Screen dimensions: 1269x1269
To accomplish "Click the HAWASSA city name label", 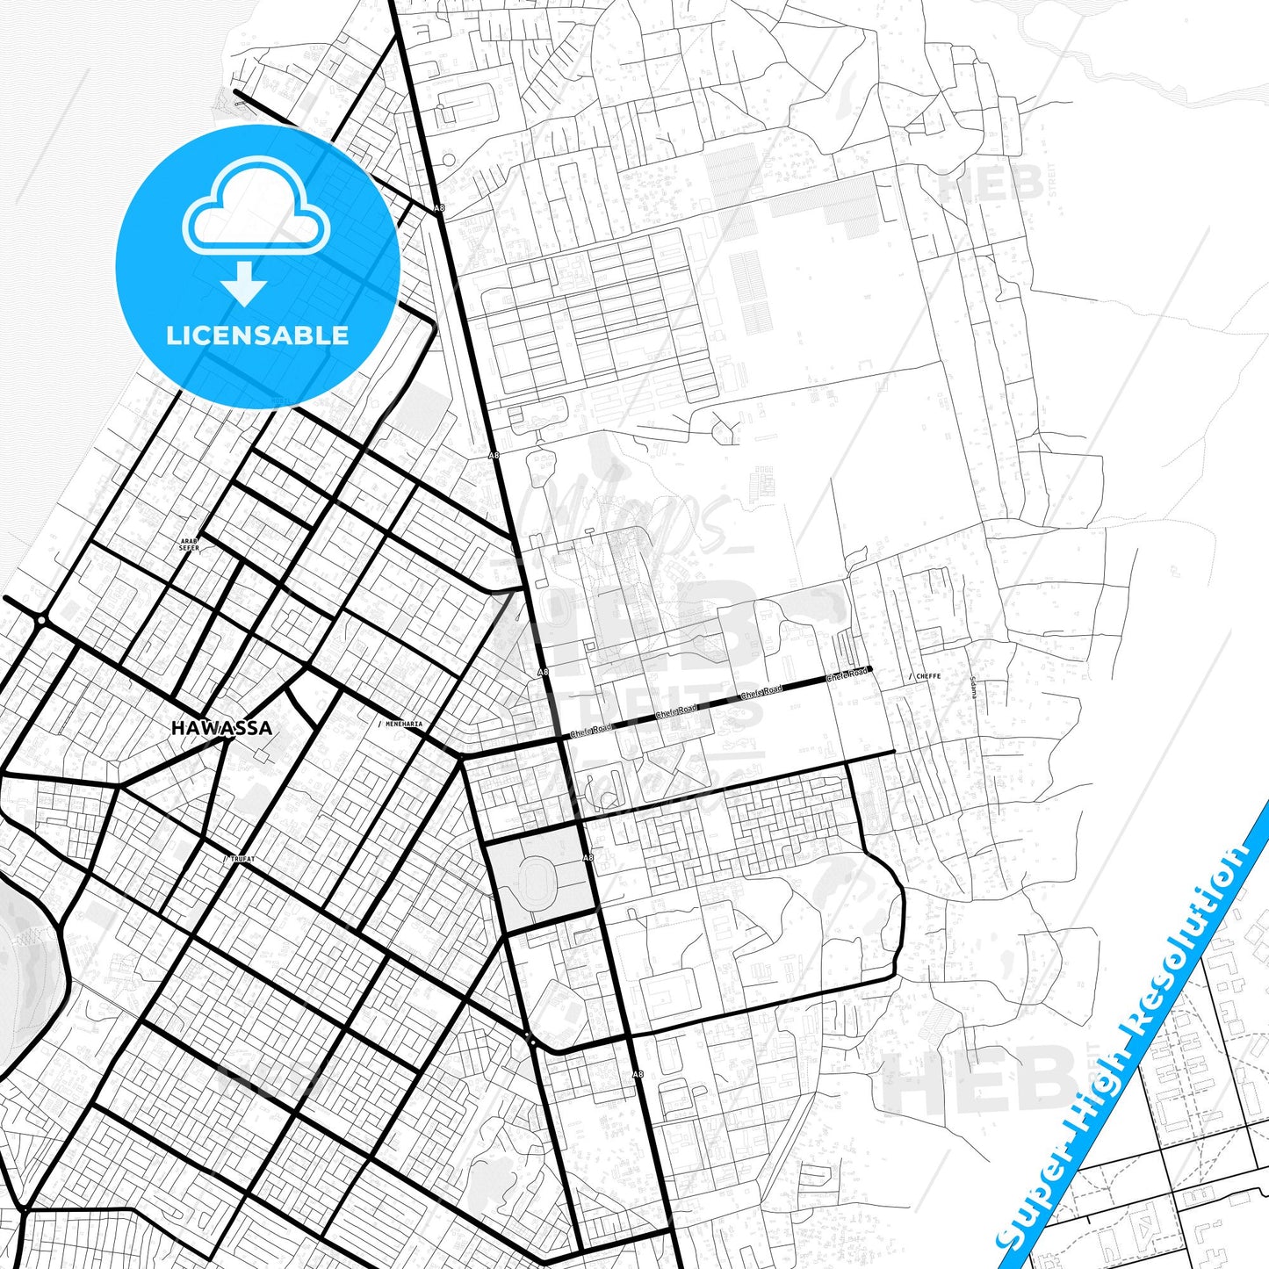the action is point(221,728).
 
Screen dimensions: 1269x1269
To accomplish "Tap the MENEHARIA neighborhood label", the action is point(404,725).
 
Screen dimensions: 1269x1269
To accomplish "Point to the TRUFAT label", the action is point(242,859).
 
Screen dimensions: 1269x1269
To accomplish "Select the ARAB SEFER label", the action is point(189,544).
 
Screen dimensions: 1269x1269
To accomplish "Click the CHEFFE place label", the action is point(928,676).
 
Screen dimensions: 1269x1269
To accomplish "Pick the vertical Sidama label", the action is point(973,687).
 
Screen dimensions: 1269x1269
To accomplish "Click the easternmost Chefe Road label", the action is point(847,675).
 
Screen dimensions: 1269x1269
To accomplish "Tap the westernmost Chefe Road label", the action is point(590,730).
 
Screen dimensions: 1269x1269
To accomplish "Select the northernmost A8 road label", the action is point(439,208).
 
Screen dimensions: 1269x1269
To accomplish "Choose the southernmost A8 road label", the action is point(638,1074).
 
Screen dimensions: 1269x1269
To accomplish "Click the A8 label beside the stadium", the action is point(588,857).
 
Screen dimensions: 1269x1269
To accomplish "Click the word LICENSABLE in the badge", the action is point(257,335).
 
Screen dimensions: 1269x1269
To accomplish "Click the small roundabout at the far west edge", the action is point(41,620).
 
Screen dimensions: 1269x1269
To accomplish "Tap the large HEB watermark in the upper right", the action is point(991,184).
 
